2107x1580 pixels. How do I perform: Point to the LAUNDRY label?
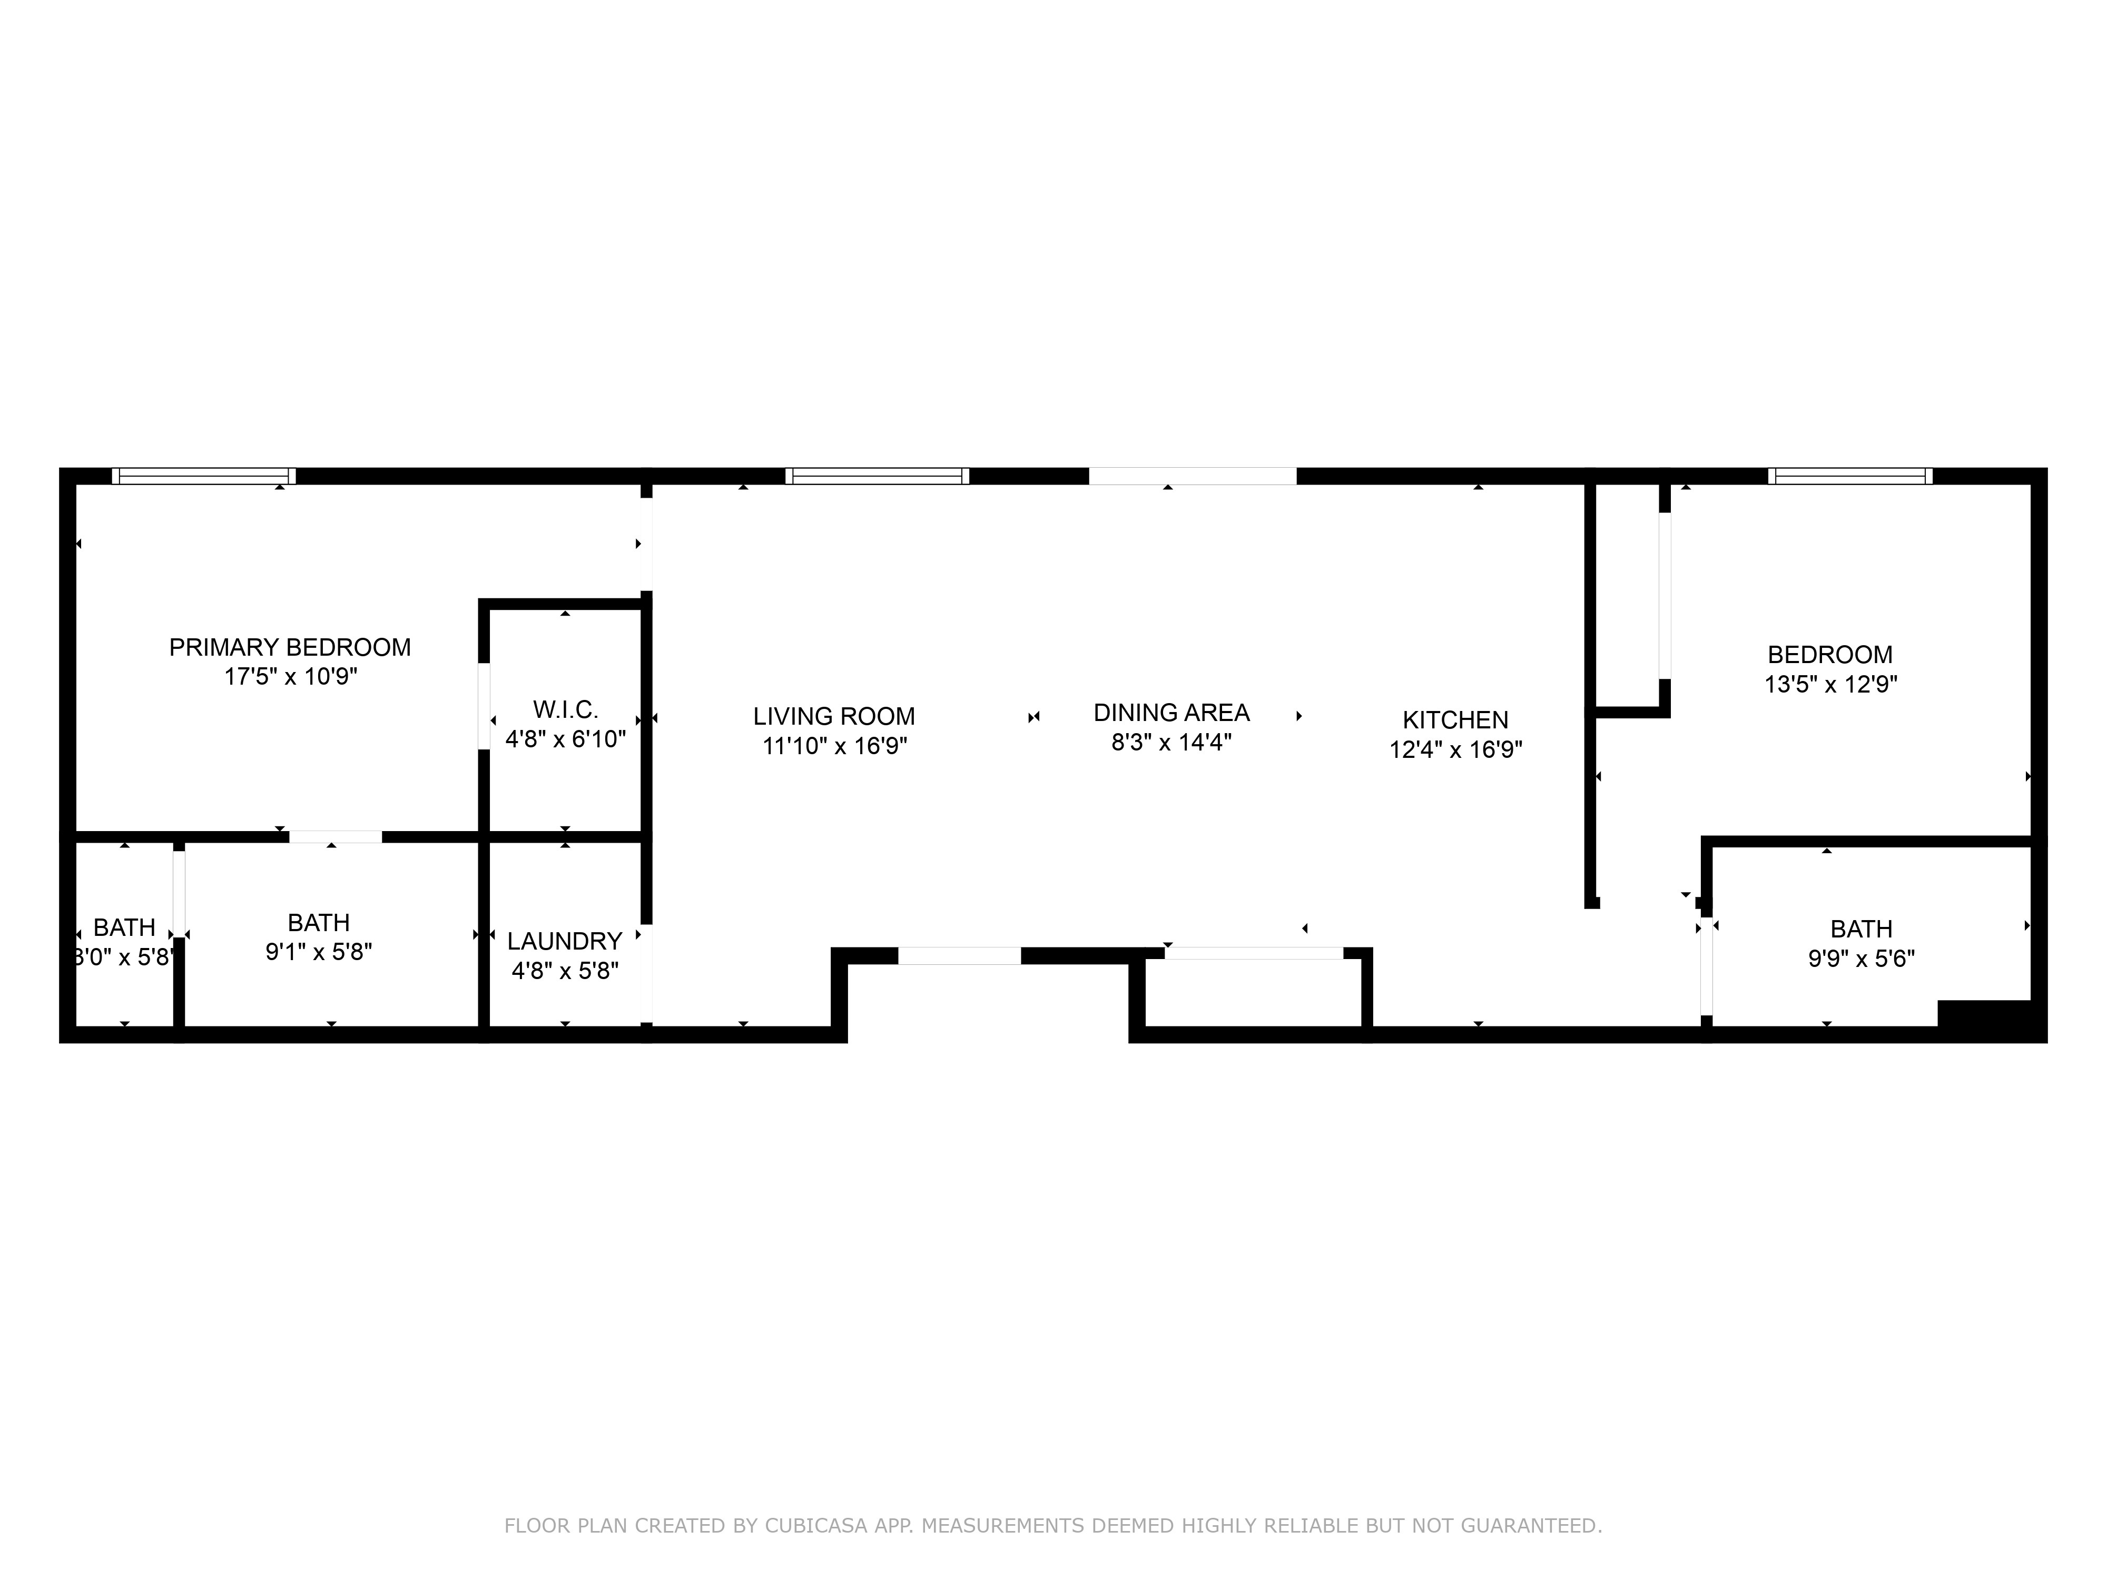tap(564, 941)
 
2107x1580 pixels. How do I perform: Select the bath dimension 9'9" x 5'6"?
tap(1860, 958)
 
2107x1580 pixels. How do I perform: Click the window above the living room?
tap(877, 476)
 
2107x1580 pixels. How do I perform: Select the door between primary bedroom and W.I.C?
tap(484, 706)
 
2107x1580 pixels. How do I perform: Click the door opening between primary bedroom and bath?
tap(336, 837)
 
